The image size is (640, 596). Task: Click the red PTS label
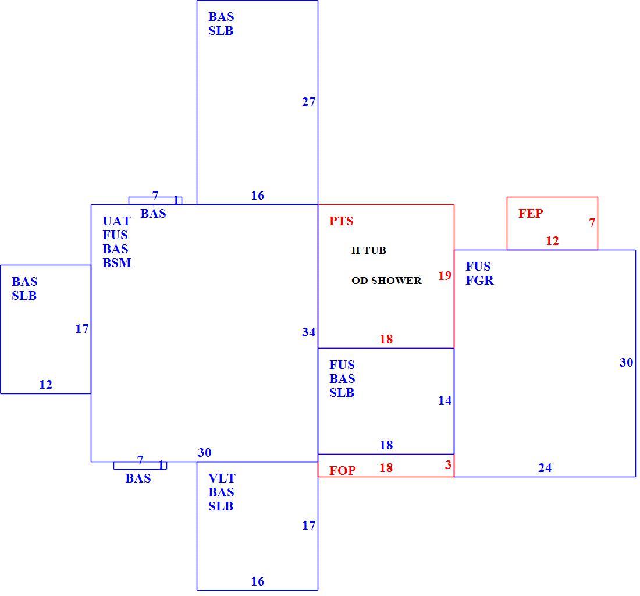point(341,221)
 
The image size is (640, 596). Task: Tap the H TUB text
point(368,250)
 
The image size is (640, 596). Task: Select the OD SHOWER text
point(386,281)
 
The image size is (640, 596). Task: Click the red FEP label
point(531,213)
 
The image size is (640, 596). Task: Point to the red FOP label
point(343,470)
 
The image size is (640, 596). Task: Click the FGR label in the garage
point(479,280)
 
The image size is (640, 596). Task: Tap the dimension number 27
point(308,102)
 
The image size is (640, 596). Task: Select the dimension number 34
point(308,332)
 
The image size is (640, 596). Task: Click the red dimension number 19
point(445,275)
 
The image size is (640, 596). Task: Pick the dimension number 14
point(445,400)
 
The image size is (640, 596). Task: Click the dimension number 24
point(545,467)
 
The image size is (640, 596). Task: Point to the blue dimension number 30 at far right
point(627,362)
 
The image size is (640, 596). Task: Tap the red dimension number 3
point(448,464)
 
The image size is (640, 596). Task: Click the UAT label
point(116,221)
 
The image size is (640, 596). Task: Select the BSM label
point(117,263)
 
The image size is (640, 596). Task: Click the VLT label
point(222,478)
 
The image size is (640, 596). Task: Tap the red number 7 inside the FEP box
point(592,222)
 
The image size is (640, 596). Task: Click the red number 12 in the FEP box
point(552,241)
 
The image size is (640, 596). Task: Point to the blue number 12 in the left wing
point(46,385)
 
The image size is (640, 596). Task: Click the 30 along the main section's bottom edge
point(204,452)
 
